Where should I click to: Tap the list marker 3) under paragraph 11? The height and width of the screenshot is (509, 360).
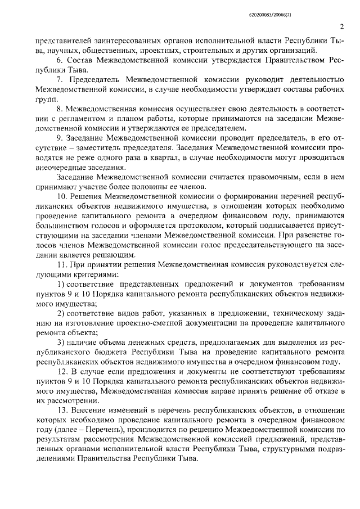pos(61,357)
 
